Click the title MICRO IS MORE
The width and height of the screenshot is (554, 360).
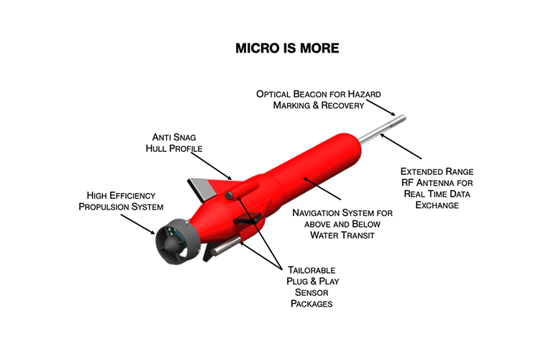pyautogui.click(x=277, y=50)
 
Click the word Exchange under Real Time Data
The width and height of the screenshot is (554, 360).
pyautogui.click(x=438, y=206)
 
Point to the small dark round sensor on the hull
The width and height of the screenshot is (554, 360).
pyautogui.click(x=229, y=196)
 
